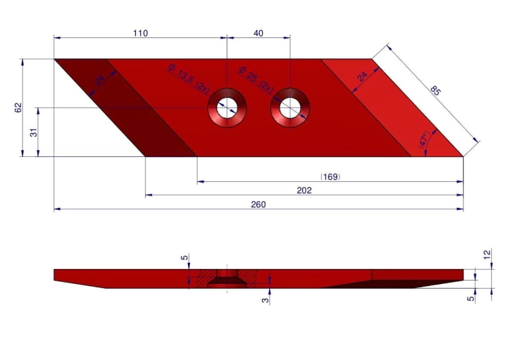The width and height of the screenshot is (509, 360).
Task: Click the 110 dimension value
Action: point(140,33)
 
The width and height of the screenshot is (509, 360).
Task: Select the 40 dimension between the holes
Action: point(259,33)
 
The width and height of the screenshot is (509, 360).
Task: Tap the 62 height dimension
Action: point(18,107)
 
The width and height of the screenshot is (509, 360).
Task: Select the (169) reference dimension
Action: point(330,177)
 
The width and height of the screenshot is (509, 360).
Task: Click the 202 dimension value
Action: point(304,190)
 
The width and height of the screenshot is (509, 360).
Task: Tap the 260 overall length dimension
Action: point(259,204)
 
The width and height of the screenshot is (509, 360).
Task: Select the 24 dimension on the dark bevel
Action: point(99,80)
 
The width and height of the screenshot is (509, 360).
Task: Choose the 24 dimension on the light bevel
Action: point(362,77)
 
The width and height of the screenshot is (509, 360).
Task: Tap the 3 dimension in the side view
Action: point(265,298)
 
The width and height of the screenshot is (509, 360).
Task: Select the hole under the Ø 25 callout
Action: point(290,107)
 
